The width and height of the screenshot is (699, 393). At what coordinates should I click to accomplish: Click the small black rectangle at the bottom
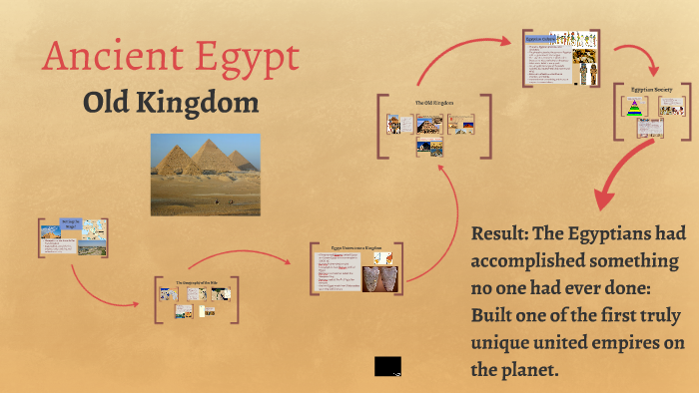(387, 365)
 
